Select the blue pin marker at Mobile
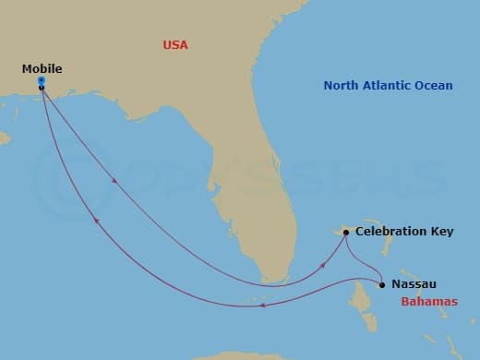42,80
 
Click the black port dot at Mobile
42,88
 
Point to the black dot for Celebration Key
346,233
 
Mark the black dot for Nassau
382,284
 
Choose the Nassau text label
414,284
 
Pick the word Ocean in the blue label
435,86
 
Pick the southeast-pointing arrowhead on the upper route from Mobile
114,181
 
